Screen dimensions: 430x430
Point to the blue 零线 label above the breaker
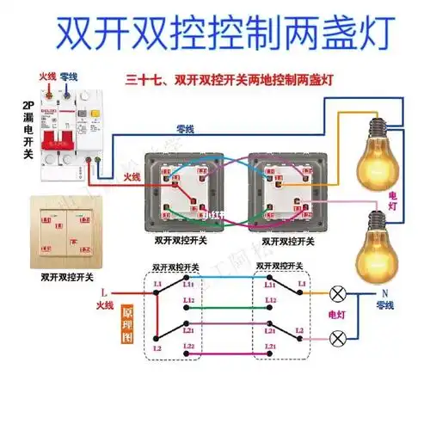pos(70,77)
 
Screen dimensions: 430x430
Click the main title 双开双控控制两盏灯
pos(215,33)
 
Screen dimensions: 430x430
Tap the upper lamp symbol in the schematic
pos(338,294)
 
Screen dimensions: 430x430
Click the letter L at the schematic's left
pos(103,292)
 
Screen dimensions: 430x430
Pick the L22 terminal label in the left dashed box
pos(189,346)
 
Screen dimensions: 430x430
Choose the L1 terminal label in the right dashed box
pos(300,283)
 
